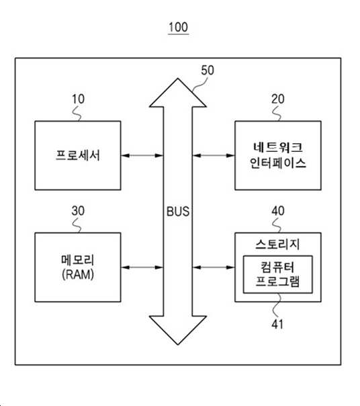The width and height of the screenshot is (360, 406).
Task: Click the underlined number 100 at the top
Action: pyautogui.click(x=178, y=27)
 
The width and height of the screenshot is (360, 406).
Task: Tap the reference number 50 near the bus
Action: pyautogui.click(x=208, y=71)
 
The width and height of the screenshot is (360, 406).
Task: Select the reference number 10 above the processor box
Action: pyautogui.click(x=78, y=99)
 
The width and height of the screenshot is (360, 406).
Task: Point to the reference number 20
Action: pyautogui.click(x=278, y=99)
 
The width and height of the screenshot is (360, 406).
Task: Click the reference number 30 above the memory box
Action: pyautogui.click(x=78, y=211)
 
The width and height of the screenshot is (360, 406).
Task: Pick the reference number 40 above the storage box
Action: pyautogui.click(x=278, y=211)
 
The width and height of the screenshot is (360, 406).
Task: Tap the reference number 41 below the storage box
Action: pyautogui.click(x=277, y=324)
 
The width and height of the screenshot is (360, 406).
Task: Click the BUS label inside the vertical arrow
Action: pyautogui.click(x=178, y=211)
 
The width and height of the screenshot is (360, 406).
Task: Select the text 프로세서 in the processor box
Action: pyautogui.click(x=78, y=155)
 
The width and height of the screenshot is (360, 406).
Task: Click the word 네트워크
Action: pyautogui.click(x=278, y=147)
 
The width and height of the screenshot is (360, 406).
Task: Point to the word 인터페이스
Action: pyautogui.click(x=278, y=163)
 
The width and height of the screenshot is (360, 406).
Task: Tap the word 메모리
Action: pyautogui.click(x=78, y=259)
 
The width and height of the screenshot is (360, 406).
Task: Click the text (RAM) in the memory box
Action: pyautogui.click(x=78, y=274)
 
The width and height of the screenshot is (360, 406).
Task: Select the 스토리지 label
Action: pyautogui.click(x=277, y=244)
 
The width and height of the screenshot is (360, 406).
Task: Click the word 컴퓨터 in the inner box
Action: pyautogui.click(x=277, y=268)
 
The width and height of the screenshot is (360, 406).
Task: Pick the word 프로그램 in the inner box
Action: pyautogui.click(x=277, y=282)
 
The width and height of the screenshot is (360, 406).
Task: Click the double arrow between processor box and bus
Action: pyautogui.click(x=142, y=156)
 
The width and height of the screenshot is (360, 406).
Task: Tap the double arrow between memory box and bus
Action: pyautogui.click(x=142, y=268)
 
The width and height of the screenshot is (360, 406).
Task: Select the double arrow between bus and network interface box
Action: pyautogui.click(x=214, y=156)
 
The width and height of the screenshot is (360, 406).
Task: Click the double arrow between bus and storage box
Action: pyautogui.click(x=214, y=268)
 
